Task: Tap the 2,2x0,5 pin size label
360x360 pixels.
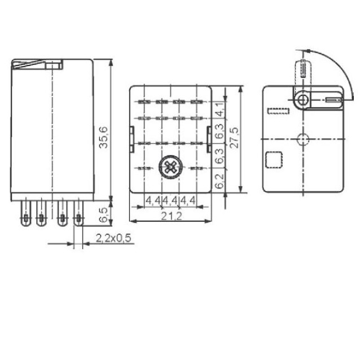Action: point(113,239)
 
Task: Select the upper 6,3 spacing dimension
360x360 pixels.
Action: point(221,134)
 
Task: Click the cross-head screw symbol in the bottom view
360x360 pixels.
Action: point(169,167)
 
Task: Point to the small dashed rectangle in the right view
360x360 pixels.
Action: point(278,111)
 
